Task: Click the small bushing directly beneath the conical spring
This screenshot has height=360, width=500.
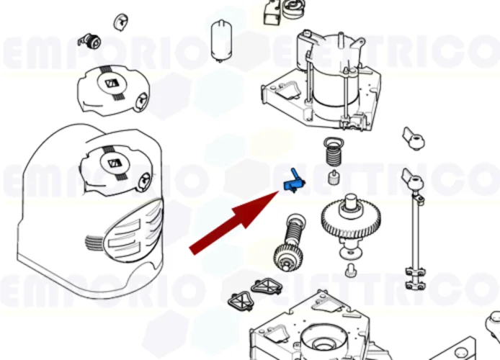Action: click(334, 177)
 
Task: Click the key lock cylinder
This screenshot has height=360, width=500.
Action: click(91, 39)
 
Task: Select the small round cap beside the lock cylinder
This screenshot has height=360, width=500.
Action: click(119, 22)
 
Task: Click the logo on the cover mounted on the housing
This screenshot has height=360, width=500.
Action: click(113, 161)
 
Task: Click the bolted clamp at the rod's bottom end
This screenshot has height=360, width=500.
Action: click(417, 274)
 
